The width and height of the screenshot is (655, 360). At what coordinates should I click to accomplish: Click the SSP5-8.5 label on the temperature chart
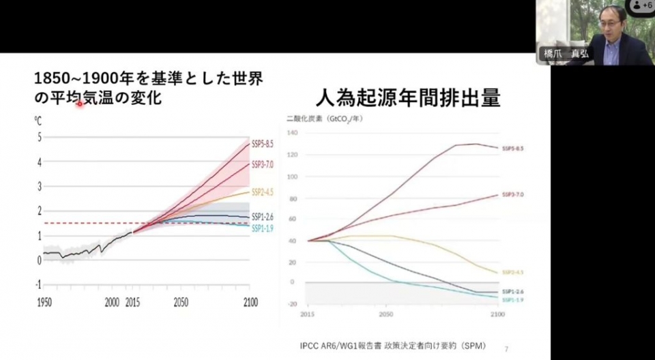(x=263, y=143)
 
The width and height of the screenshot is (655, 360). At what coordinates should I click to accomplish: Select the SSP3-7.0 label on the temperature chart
(x=263, y=164)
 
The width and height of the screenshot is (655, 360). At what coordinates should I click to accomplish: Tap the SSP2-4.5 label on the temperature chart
(x=263, y=192)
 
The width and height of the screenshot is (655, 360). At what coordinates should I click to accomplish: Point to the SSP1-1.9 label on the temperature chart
(x=263, y=228)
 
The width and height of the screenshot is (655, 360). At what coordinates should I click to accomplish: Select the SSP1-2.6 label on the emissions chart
(x=514, y=291)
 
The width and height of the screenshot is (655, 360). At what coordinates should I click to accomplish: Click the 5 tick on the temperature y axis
(x=40, y=137)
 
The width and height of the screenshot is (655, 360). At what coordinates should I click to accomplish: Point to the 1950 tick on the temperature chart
(x=44, y=302)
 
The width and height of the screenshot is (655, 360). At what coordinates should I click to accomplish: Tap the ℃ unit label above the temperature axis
(x=39, y=119)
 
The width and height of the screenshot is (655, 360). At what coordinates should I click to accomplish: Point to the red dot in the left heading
(x=79, y=104)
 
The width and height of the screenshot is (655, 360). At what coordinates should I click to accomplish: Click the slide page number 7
(x=506, y=346)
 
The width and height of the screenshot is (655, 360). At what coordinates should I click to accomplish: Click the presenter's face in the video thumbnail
(x=612, y=20)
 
